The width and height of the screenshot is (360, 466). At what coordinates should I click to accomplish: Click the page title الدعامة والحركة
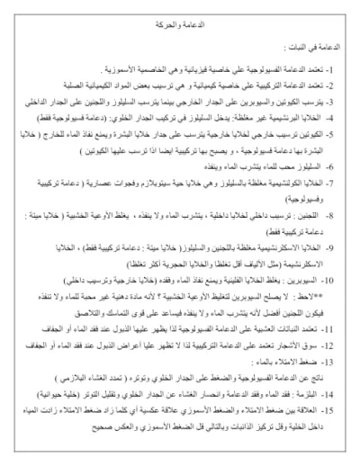(x=185, y=18)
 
